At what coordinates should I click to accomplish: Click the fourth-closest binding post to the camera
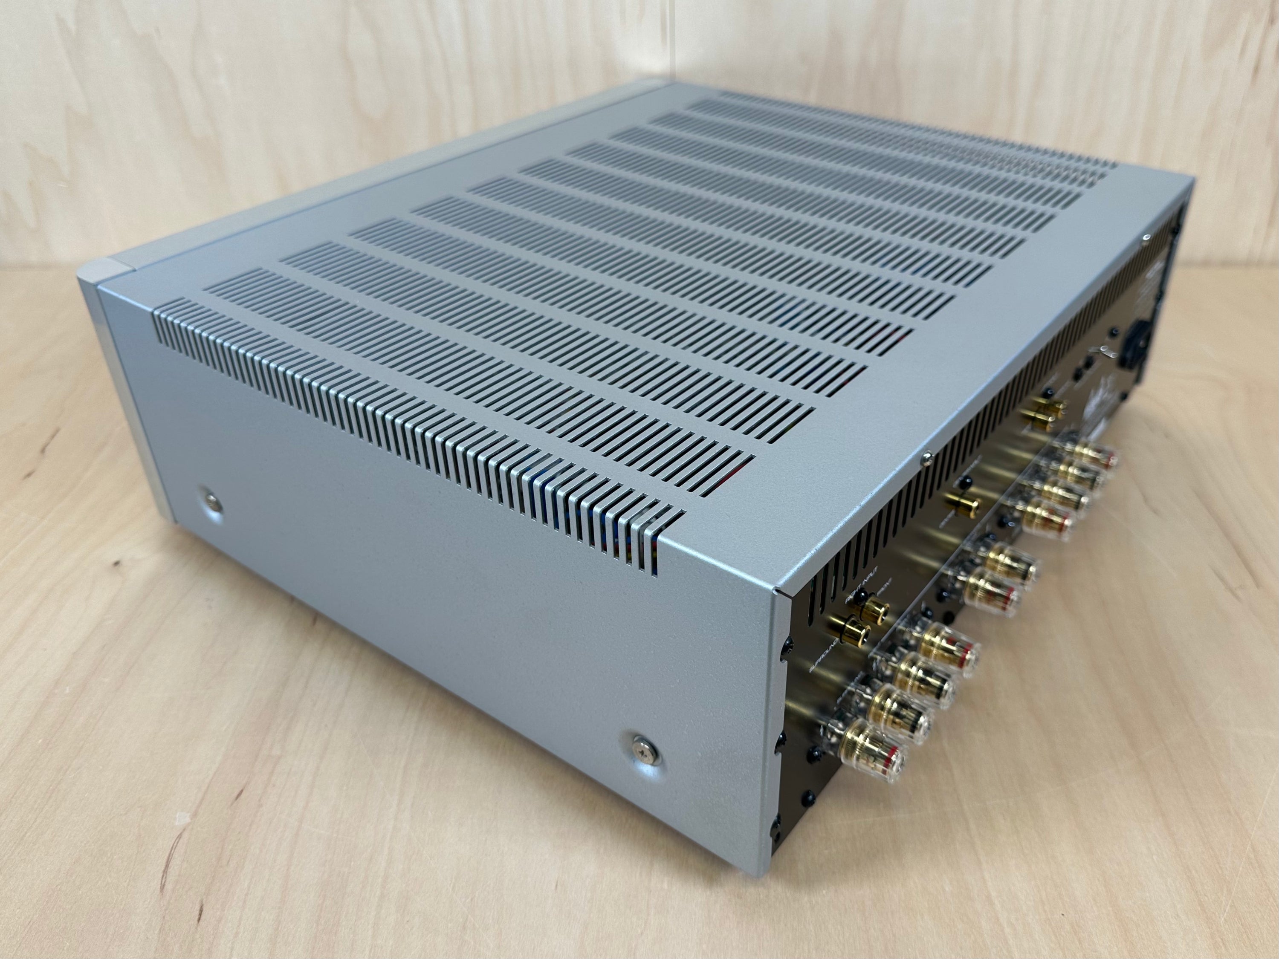[x=957, y=653]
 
